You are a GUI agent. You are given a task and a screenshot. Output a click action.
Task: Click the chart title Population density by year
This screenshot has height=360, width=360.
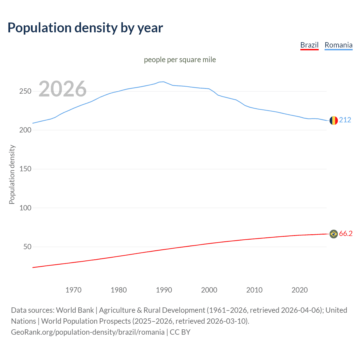point(85,28)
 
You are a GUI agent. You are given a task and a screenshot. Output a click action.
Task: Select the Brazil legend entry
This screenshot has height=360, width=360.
point(309,45)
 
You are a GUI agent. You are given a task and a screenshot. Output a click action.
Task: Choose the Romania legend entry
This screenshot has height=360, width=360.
point(338,45)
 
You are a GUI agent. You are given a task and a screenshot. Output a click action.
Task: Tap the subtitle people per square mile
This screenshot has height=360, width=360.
point(180,60)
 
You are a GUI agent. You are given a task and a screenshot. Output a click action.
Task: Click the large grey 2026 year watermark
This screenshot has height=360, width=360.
point(62,89)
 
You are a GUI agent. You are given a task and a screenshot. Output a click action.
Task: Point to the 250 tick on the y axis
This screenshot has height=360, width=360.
point(25,91)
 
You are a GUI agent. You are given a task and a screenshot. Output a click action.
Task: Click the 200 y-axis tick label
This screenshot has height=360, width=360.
point(25,130)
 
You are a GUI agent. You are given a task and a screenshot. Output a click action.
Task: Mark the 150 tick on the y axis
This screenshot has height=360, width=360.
point(25,169)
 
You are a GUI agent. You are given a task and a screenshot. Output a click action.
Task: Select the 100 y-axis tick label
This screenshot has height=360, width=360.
point(25,208)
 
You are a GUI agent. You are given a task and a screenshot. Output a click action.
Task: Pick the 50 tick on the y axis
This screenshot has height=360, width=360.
point(27,247)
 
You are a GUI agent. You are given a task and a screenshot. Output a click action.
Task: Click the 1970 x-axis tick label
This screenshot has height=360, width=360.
point(73,290)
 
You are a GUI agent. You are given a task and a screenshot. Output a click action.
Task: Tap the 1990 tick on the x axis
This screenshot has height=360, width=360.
point(164,290)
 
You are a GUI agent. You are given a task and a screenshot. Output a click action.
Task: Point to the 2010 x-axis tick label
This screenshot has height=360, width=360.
point(254,290)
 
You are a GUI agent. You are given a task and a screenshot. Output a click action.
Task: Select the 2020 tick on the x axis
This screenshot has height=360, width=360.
point(300,290)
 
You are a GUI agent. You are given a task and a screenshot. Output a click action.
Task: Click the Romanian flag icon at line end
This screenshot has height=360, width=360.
point(334,120)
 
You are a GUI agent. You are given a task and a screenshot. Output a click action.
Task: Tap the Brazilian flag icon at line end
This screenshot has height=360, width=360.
point(334,234)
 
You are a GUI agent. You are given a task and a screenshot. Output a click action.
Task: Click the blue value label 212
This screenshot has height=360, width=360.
point(345,120)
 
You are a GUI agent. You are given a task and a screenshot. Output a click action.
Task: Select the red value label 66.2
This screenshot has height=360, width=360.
point(346,234)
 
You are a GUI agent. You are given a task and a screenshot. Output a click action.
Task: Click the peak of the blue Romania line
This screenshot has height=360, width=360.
point(163,82)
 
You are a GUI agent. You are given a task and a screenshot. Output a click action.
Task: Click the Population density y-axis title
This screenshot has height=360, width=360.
point(12,174)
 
